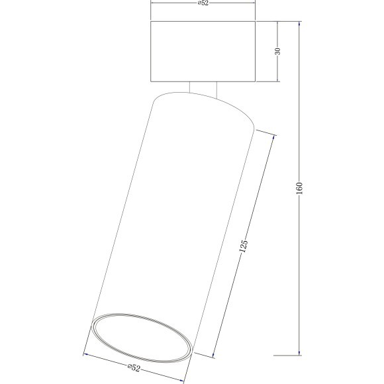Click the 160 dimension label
(x=299, y=190)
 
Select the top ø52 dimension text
(x=204, y=3)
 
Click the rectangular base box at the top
(x=203, y=52)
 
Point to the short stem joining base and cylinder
(x=203, y=90)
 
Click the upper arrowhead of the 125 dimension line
(x=274, y=136)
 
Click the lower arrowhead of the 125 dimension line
(x=215, y=356)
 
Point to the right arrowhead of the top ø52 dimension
(x=254, y=3)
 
